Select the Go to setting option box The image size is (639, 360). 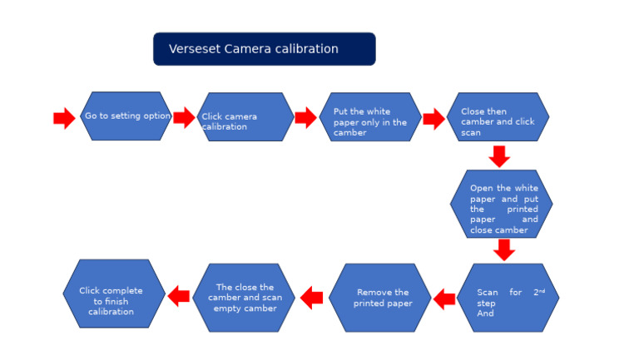126,116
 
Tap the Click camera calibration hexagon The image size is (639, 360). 245,117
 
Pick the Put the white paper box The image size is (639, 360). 369,117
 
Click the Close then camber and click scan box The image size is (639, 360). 498,117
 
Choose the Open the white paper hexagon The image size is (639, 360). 501,205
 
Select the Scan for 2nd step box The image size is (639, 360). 508,298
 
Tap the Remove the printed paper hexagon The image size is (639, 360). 380,298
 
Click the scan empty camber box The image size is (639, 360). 244,298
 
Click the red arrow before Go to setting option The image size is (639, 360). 64,118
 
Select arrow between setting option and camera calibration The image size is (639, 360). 184,117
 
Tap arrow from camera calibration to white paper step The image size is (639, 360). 305,118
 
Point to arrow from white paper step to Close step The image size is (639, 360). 433,119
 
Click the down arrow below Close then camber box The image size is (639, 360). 499,156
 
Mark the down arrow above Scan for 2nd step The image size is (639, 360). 503,249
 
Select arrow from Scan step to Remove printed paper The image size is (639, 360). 444,298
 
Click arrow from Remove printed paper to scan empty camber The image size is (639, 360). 311,297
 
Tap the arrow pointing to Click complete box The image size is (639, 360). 178,295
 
